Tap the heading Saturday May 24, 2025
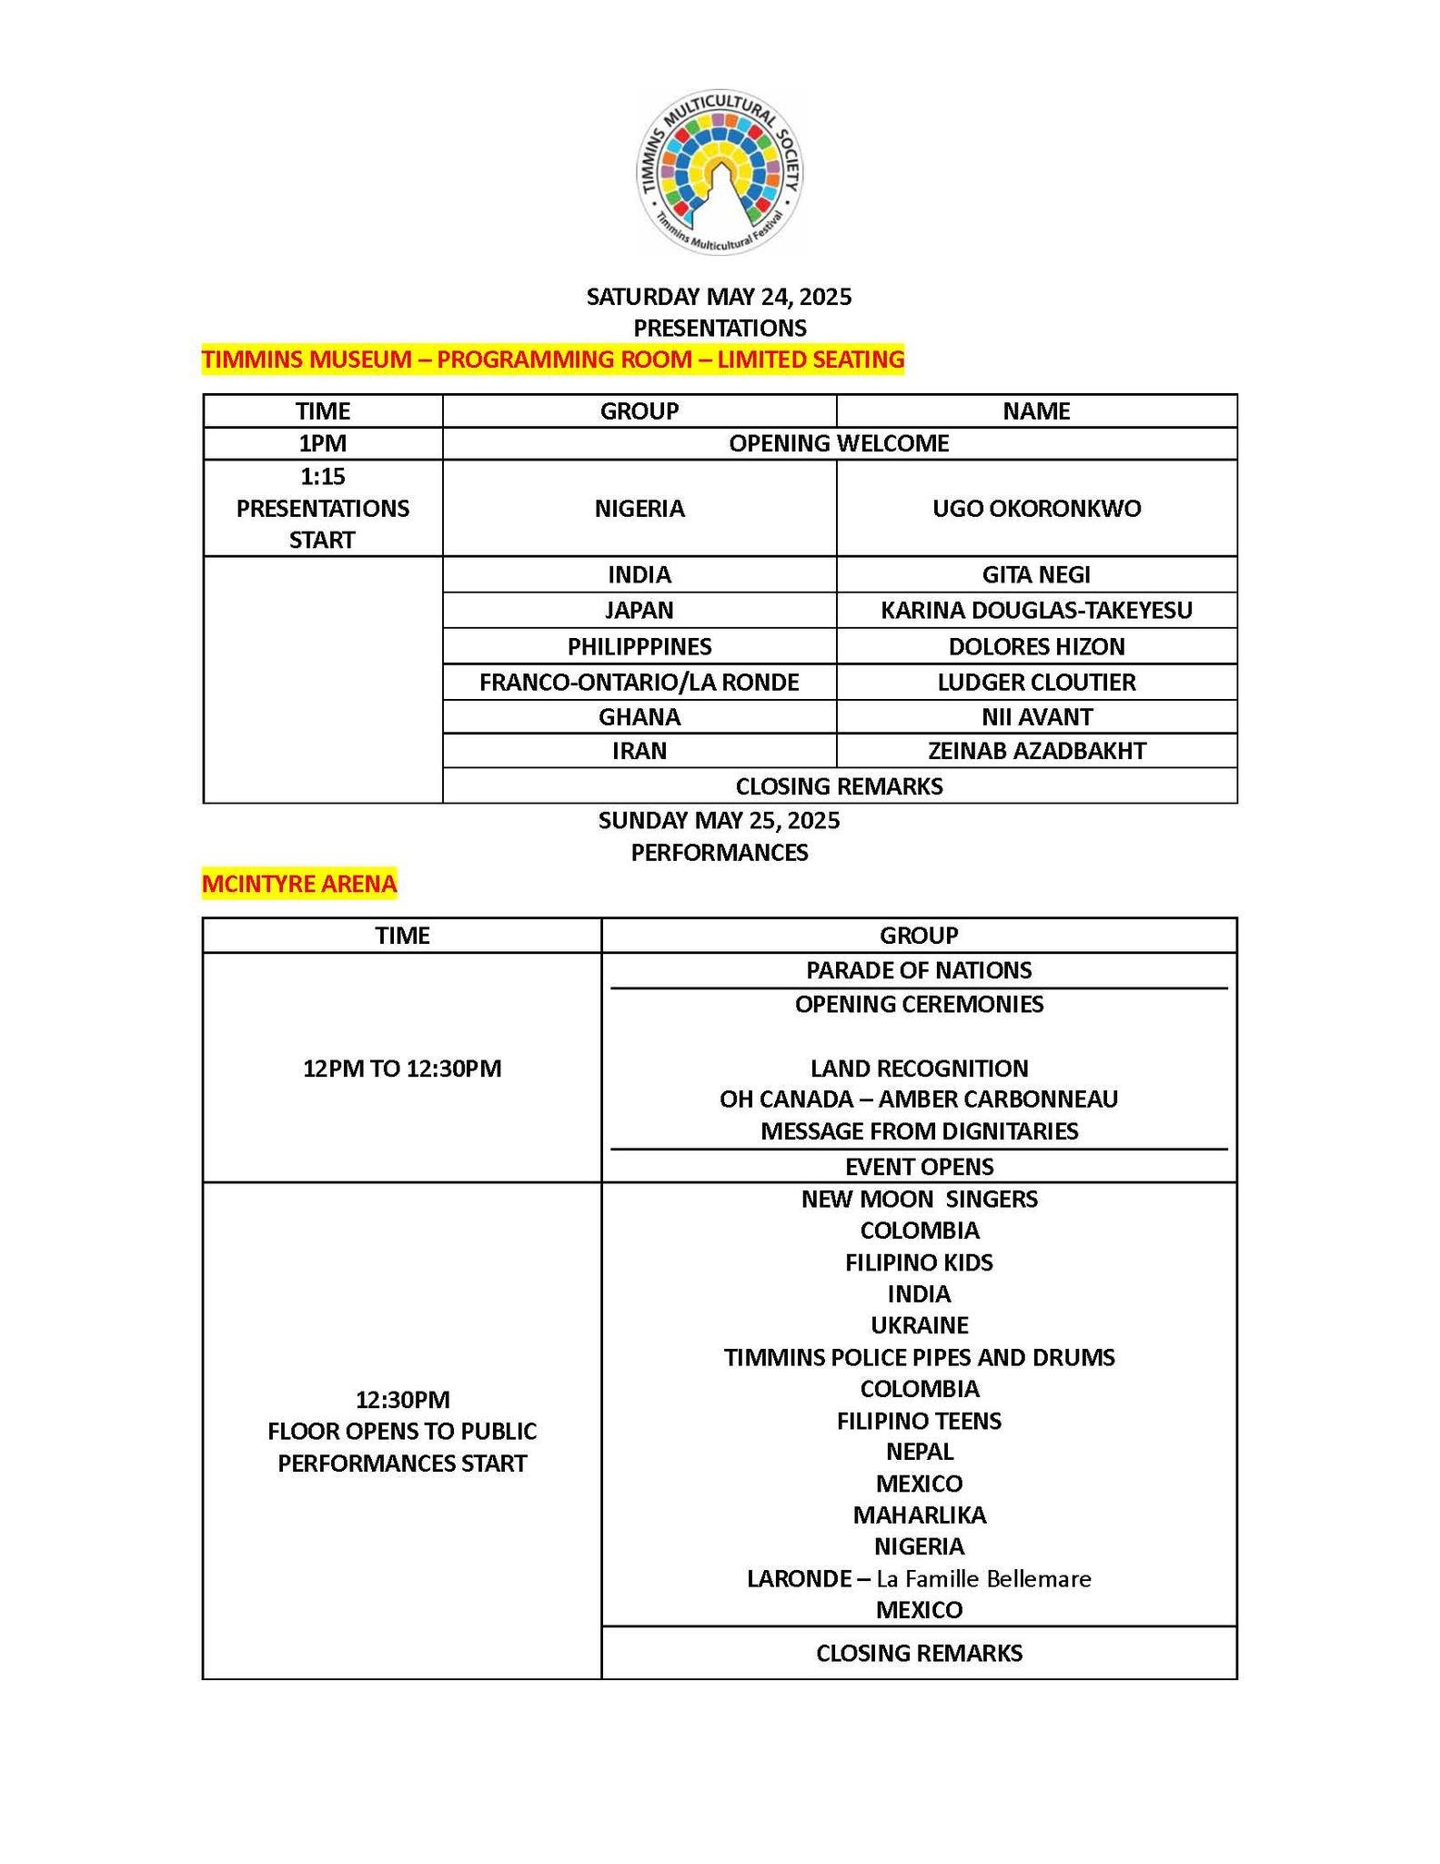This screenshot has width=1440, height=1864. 719,297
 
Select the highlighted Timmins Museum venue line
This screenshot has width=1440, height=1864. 553,360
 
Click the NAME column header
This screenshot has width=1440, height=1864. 1036,410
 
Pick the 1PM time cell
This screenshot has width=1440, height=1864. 323,443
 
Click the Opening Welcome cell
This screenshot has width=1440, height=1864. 839,443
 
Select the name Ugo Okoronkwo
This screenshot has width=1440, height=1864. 1036,508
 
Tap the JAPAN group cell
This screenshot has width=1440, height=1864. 639,610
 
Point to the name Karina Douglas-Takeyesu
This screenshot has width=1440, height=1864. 1036,610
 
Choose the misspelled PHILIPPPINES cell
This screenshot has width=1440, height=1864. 639,646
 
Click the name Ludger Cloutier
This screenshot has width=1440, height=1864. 1036,682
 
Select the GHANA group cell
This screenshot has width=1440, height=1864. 639,716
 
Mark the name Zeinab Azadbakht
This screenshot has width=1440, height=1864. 1036,751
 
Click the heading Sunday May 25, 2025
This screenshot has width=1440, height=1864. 719,821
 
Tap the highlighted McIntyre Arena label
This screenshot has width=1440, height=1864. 299,883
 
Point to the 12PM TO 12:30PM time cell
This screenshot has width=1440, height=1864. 402,1068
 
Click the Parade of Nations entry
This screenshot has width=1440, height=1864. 919,970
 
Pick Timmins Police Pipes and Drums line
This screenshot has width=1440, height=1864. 919,1357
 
